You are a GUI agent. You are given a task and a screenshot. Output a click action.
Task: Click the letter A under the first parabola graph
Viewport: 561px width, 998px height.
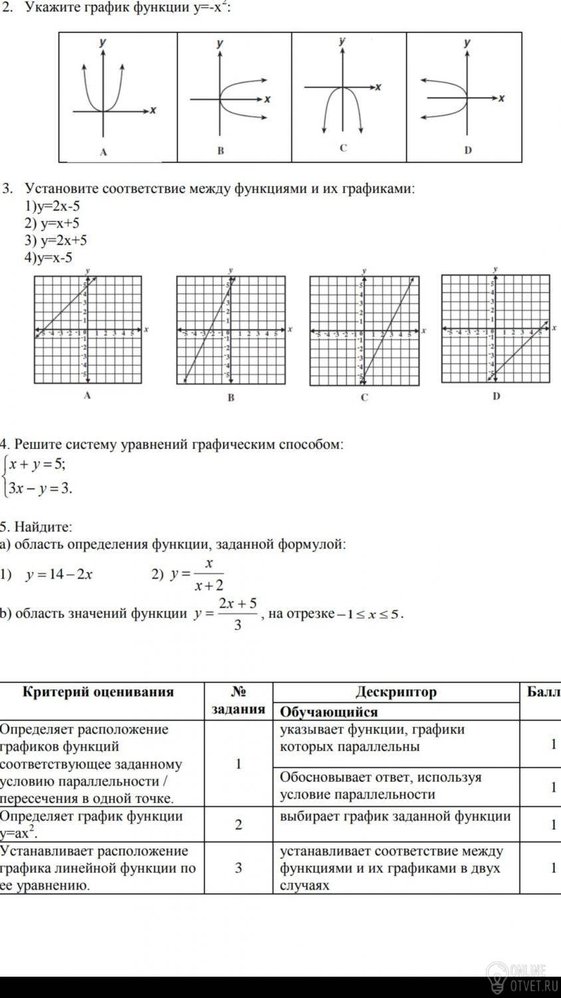(103, 152)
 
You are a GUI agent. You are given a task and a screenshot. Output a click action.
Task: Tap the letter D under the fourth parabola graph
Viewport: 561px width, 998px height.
(468, 150)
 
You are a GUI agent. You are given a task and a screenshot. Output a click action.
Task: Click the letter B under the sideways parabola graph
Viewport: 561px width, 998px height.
(221, 151)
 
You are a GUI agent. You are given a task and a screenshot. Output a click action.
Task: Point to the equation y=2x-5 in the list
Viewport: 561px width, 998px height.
(53, 206)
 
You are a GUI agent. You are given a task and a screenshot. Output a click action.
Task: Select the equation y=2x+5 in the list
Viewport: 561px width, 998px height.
(56, 240)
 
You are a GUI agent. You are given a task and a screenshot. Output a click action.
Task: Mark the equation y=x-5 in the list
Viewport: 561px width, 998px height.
(49, 257)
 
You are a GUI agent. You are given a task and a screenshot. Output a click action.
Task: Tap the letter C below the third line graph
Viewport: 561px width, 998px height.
(364, 398)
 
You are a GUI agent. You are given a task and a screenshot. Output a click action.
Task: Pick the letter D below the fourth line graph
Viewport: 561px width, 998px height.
(496, 397)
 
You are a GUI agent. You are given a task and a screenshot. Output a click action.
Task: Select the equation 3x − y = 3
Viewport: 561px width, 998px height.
(40, 489)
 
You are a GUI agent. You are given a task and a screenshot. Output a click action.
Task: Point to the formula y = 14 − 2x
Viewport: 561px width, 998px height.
(58, 575)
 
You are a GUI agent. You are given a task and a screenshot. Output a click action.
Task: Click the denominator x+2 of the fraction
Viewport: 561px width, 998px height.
(209, 585)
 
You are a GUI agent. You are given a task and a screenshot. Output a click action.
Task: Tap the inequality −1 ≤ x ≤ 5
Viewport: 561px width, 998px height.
(369, 613)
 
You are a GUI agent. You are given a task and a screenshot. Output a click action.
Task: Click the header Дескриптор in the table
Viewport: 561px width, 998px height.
(395, 692)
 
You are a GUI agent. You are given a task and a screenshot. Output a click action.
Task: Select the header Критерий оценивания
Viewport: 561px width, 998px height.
(98, 692)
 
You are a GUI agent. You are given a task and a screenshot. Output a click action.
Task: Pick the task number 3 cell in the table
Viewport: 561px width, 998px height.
(238, 868)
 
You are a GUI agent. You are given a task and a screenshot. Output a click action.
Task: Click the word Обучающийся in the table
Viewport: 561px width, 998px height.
(329, 712)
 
